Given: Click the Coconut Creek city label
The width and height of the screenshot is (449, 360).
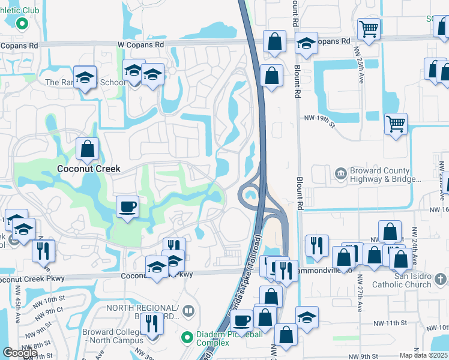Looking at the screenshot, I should point(88,169).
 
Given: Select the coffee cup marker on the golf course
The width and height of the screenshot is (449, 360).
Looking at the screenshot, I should point(127,207).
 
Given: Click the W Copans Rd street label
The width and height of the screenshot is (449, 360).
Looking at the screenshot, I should point(140,45).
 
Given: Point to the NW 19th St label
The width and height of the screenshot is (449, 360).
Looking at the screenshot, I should point(318,119).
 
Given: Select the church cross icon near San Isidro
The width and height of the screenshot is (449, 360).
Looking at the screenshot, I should point(441,279).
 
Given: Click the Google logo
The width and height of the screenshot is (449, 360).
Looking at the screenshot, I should point(20,353).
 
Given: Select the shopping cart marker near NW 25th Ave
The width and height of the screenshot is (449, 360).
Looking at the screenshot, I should point(369,28).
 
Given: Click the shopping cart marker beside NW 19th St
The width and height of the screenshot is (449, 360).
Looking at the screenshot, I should point(396,124).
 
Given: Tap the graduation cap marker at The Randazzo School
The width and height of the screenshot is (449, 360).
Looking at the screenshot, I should point(86,77).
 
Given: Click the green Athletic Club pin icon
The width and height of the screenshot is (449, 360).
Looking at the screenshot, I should point(22,25).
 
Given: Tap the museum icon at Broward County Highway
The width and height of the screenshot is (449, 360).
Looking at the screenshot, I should point(340,175).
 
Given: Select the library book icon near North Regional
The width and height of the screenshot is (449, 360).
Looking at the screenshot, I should point(189,311).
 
